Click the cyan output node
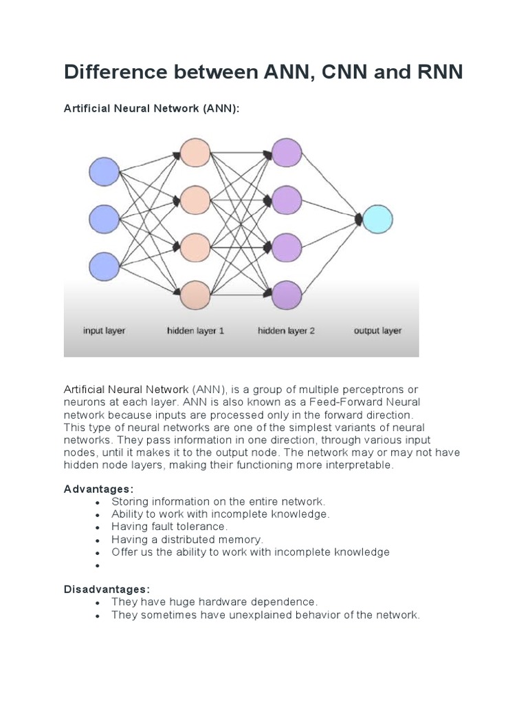click(x=377, y=220)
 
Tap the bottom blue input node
click(x=104, y=266)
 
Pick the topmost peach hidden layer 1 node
click(x=195, y=153)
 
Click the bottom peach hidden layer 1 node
click(x=195, y=295)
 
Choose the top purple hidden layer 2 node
click(x=287, y=153)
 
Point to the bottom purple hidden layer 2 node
click(x=287, y=295)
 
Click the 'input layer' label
click(x=104, y=331)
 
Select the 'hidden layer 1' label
click(x=195, y=331)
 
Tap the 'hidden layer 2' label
click(x=286, y=331)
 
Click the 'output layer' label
click(x=377, y=331)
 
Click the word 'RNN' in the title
click(x=433, y=72)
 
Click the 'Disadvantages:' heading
click(x=107, y=589)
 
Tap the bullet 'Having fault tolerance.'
click(x=169, y=527)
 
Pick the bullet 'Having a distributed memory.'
click(x=187, y=540)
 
